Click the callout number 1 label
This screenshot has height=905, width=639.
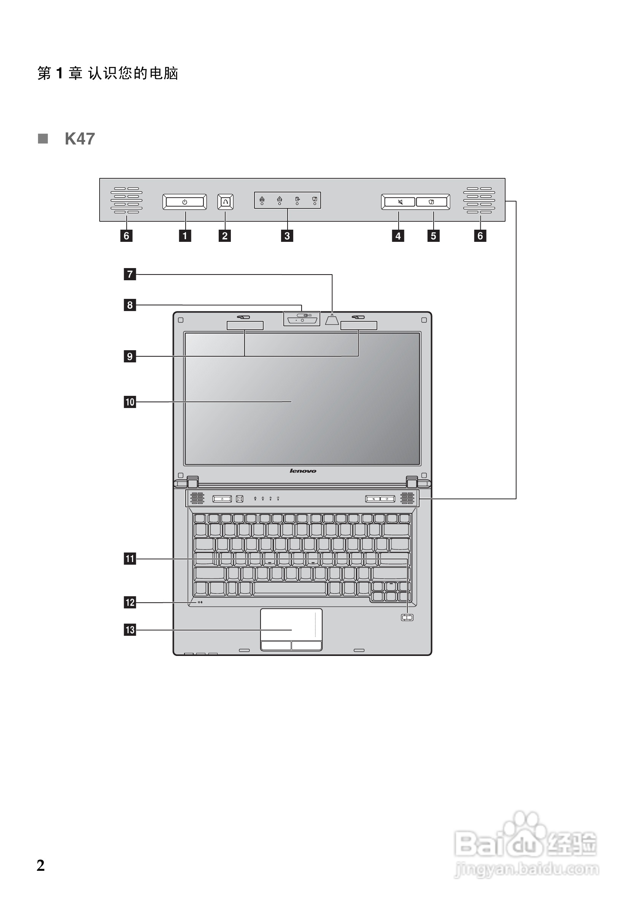pyautogui.click(x=185, y=236)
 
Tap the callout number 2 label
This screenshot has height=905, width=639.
pyautogui.click(x=225, y=236)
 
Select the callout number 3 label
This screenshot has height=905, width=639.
pyautogui.click(x=287, y=236)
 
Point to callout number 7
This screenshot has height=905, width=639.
pyautogui.click(x=130, y=274)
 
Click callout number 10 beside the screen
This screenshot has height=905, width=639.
pyautogui.click(x=130, y=402)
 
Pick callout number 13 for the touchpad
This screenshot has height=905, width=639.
pyautogui.click(x=130, y=629)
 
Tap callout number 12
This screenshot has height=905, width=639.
pyautogui.click(x=130, y=602)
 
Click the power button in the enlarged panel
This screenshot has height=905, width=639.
pyautogui.click(x=184, y=202)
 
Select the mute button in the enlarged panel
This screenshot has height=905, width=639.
pyautogui.click(x=400, y=202)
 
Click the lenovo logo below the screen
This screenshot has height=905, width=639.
pyautogui.click(x=303, y=471)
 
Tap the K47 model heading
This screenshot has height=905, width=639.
pyautogui.click(x=79, y=139)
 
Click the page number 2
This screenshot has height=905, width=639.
pyautogui.click(x=41, y=865)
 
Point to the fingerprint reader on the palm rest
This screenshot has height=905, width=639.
pyautogui.click(x=407, y=617)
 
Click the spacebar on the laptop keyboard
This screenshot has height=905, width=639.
pyautogui.click(x=290, y=588)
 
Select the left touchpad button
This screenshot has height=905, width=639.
pyautogui.click(x=275, y=645)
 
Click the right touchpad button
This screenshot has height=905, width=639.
pyautogui.click(x=306, y=645)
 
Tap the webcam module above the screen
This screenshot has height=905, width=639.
pyautogui.click(x=302, y=319)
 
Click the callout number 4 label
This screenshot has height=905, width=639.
pyautogui.click(x=398, y=236)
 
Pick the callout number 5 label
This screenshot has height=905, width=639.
pyautogui.click(x=433, y=236)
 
